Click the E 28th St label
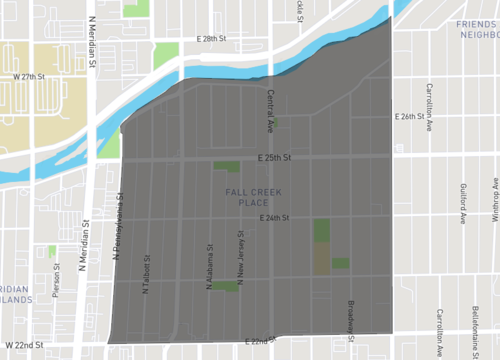(x=214, y=39)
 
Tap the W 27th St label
(x=31, y=76)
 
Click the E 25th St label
(x=273, y=158)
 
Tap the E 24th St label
(x=273, y=218)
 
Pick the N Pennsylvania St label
(x=124, y=227)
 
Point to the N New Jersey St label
(x=241, y=259)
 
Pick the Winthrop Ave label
(x=494, y=199)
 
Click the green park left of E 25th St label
(x=226, y=166)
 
